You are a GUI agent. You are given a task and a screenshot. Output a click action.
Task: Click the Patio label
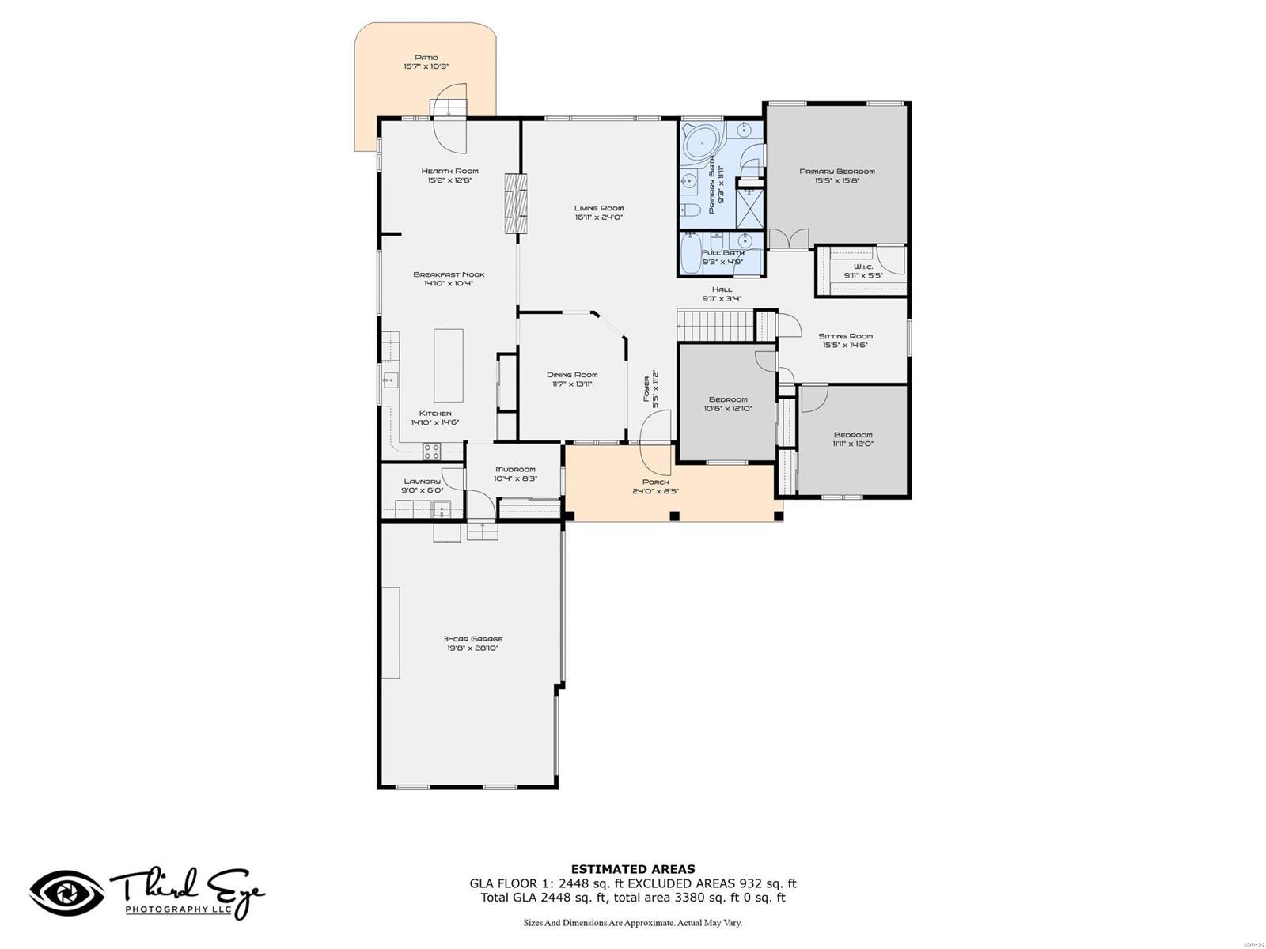coord(426,58)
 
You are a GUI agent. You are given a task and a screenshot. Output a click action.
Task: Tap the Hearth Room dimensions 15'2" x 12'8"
coord(449,180)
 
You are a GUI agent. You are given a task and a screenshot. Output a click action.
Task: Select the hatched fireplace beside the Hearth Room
coord(515,203)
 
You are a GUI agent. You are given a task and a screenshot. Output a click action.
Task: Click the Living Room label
coord(599,208)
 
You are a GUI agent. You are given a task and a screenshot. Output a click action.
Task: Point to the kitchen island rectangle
coord(448,365)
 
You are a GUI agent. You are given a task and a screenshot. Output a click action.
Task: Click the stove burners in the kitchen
coord(432,452)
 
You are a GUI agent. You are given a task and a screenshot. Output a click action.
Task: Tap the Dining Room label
coord(572,375)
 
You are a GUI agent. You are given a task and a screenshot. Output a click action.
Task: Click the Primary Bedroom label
coord(836,172)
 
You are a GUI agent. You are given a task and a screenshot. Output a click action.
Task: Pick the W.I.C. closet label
coord(862,267)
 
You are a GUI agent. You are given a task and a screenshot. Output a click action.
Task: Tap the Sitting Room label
coord(845,336)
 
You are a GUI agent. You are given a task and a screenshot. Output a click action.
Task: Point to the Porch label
coord(655,482)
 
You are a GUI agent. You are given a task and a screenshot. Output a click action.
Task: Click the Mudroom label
coord(515,469)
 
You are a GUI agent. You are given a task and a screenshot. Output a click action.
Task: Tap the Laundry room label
coord(422,482)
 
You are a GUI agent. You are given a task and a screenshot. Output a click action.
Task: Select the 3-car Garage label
coord(472,639)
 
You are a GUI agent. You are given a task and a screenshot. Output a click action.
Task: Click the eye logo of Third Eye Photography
coord(67,894)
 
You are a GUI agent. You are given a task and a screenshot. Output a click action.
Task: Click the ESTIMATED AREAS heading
coord(633,869)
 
